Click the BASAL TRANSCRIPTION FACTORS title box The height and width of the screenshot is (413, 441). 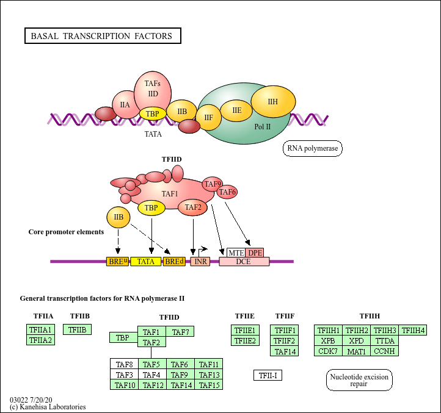click(x=102, y=36)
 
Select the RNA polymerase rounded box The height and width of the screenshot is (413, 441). click(x=313, y=148)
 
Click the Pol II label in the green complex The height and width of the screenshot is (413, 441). click(x=263, y=126)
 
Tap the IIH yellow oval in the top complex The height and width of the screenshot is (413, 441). click(x=272, y=102)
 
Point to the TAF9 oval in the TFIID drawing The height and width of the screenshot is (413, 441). click(x=213, y=184)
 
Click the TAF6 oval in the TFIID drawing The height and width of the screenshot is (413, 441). click(x=227, y=192)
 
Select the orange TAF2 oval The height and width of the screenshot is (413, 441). click(x=193, y=207)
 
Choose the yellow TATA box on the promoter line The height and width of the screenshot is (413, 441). click(x=145, y=262)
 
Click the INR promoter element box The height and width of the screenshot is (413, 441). click(x=200, y=262)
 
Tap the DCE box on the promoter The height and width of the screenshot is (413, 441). click(x=244, y=262)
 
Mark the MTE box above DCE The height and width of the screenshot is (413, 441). click(x=236, y=252)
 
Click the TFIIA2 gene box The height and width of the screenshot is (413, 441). click(x=40, y=340)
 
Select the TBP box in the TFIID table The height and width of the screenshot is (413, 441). click(x=122, y=337)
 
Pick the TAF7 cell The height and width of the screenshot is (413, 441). click(x=180, y=332)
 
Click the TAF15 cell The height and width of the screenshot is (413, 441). click(x=209, y=384)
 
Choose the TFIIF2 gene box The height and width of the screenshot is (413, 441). click(x=284, y=340)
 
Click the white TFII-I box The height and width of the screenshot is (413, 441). click(x=268, y=375)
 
